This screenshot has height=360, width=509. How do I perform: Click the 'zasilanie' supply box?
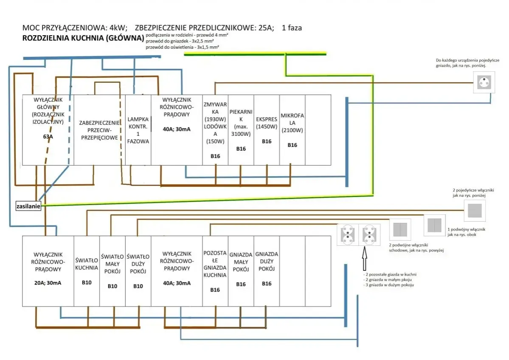coord(28,206)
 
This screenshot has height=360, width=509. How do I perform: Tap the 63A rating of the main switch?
coord(48,137)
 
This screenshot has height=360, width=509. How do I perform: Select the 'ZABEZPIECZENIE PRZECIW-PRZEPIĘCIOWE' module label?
coord(100,130)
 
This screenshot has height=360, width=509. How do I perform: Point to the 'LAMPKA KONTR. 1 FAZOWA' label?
coord(138,130)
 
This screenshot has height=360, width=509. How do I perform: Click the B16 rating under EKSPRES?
coord(267,141)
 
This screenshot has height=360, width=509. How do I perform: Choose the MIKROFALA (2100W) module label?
coord(292,123)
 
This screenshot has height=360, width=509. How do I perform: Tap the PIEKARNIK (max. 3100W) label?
coord(241,123)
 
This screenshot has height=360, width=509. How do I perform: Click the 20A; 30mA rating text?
coord(48,283)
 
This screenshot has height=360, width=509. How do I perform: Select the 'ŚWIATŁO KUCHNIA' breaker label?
coord(87,264)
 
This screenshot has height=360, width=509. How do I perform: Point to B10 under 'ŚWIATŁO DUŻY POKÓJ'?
coord(138,286)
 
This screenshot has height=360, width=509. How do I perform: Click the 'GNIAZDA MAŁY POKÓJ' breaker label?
coord(241,262)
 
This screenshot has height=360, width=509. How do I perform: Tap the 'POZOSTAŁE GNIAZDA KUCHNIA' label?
coord(215,264)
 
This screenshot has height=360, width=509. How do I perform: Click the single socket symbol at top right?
coord(484,82)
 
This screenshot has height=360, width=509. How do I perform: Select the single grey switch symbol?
coord(475,211)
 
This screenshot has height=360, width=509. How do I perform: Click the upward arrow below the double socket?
coord(364,259)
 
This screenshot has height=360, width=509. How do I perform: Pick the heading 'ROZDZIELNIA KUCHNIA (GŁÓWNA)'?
coord(83,38)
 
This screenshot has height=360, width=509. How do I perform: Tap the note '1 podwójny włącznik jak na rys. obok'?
coord(466,232)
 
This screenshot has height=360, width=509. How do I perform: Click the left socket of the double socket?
coord(348,235)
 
